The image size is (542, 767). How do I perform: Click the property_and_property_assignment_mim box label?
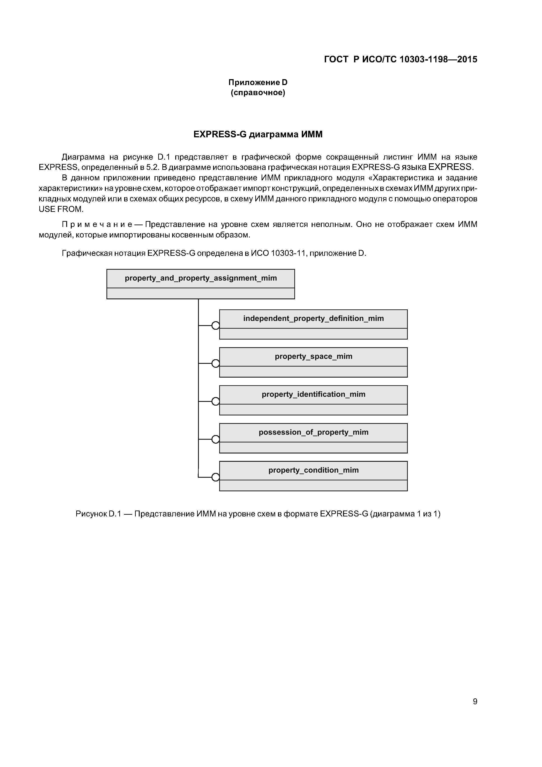tap(201, 278)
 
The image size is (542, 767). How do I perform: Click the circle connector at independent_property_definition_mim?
tap(216, 325)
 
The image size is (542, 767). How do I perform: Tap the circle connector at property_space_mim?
tap(216, 363)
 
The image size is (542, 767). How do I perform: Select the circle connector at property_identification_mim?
tap(216, 401)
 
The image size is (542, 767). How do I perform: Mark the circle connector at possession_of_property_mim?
tap(216, 439)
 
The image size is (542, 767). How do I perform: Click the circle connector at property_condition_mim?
tap(216, 477)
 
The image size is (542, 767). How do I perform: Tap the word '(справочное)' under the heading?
tap(258, 92)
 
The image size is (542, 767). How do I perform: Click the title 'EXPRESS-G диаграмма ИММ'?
tap(258, 134)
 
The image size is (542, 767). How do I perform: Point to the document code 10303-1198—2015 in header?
tap(438, 59)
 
